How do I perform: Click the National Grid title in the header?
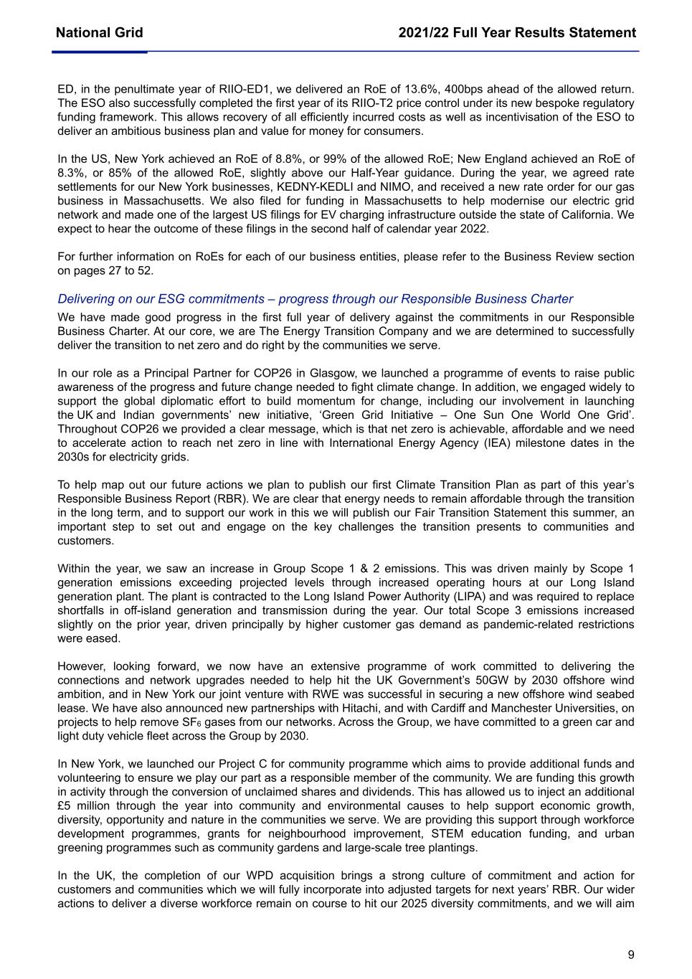[99, 33]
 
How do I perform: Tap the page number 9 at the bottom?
[631, 955]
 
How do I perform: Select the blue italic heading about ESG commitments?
[315, 299]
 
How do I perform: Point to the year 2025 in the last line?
[444, 903]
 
